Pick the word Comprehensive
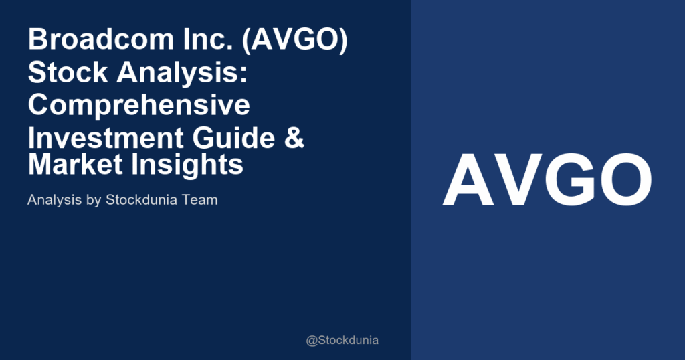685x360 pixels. point(139,105)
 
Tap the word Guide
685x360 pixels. point(231,138)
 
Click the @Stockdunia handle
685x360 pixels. point(342,340)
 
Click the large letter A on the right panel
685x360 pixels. point(468,181)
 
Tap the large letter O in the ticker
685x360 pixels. point(625,181)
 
